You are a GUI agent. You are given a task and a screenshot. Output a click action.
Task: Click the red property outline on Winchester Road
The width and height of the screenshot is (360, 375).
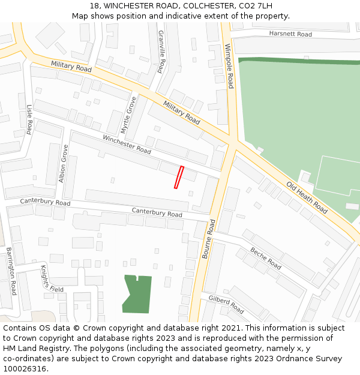[178, 177]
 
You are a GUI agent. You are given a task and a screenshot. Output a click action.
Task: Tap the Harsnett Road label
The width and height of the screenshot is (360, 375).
[290, 34]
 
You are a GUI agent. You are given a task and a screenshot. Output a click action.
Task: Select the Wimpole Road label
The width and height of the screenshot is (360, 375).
[228, 66]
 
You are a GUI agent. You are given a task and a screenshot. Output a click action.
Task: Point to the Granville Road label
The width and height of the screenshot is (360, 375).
[161, 52]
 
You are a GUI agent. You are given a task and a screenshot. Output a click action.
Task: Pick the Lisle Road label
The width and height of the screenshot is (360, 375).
[29, 119]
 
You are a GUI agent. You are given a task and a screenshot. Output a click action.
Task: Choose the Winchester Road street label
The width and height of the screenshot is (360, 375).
[127, 144]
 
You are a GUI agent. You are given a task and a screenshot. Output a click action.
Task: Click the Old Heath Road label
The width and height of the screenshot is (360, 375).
[307, 197]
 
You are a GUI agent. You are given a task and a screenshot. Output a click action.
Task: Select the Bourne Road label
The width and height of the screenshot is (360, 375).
[208, 239]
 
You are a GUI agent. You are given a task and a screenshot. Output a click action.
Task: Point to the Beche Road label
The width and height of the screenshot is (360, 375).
[266, 259]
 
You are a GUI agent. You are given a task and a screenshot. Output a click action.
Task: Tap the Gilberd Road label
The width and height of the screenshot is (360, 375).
[226, 304]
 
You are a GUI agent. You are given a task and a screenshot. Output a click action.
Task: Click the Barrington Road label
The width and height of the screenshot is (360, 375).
[11, 271]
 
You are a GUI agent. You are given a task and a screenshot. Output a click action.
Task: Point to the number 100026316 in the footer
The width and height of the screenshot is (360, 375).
[25, 368]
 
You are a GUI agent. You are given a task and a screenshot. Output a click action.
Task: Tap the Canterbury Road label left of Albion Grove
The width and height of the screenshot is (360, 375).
[45, 202]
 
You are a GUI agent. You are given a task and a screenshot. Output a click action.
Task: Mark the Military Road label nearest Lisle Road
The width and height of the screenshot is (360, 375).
[71, 66]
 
